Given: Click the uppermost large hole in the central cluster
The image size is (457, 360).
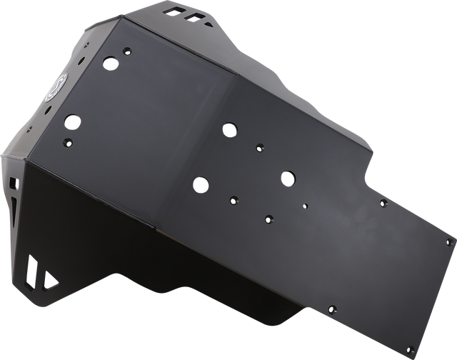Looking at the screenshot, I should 230,129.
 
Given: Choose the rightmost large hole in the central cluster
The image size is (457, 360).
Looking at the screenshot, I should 288,175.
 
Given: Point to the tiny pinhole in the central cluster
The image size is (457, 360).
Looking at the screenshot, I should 306,206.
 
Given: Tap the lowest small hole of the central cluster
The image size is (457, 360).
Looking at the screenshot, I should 268,218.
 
